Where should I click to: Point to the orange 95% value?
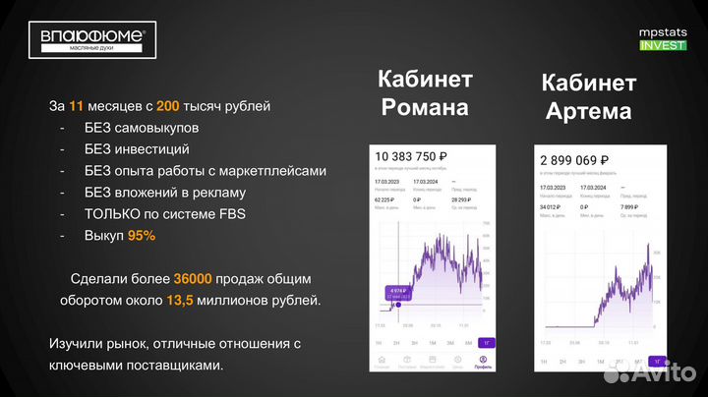tap(141, 237)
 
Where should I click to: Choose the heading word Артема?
tap(586, 110)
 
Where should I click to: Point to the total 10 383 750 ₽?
tap(411, 158)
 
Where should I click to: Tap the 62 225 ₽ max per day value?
tap(386, 198)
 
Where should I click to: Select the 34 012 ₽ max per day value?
tap(551, 206)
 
